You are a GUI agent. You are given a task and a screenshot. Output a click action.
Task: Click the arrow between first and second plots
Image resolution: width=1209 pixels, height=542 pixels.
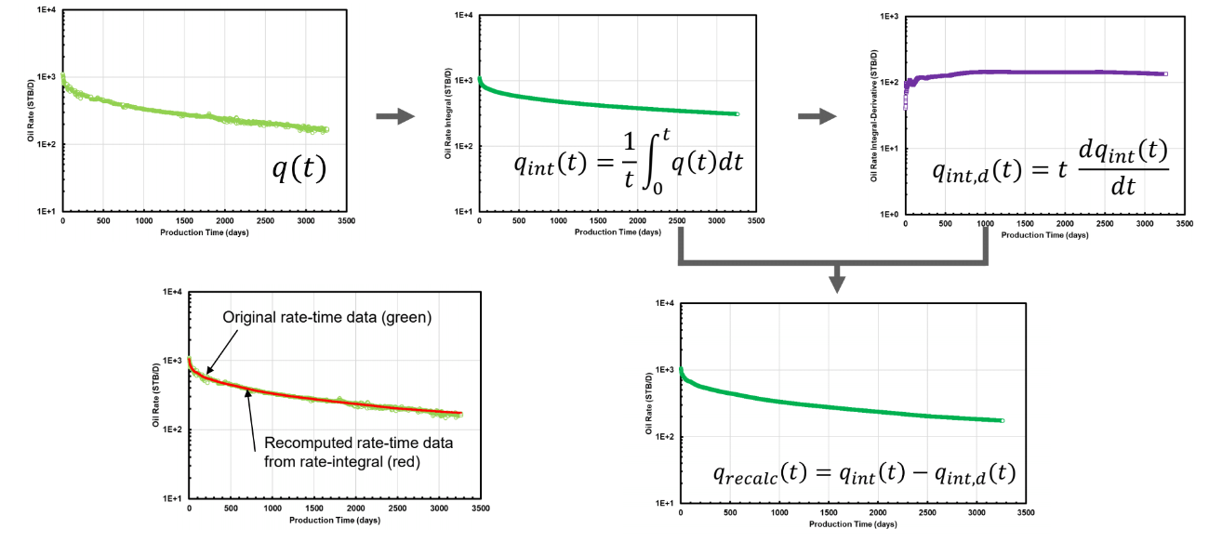click(395, 116)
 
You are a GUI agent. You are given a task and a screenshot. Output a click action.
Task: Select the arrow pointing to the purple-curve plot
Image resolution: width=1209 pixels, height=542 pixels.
click(817, 116)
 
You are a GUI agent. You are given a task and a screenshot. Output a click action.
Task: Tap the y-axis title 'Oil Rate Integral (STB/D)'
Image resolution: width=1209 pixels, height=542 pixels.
click(448, 113)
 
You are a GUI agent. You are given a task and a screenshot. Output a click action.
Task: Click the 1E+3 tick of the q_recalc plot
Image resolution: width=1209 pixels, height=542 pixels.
click(664, 370)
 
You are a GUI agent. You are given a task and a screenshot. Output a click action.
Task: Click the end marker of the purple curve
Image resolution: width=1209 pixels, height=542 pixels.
click(1165, 73)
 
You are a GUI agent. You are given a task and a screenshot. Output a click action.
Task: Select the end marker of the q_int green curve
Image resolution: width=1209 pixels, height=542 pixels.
click(737, 114)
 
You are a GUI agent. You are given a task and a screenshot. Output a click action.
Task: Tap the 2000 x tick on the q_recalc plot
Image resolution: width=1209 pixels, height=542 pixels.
click(879, 513)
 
